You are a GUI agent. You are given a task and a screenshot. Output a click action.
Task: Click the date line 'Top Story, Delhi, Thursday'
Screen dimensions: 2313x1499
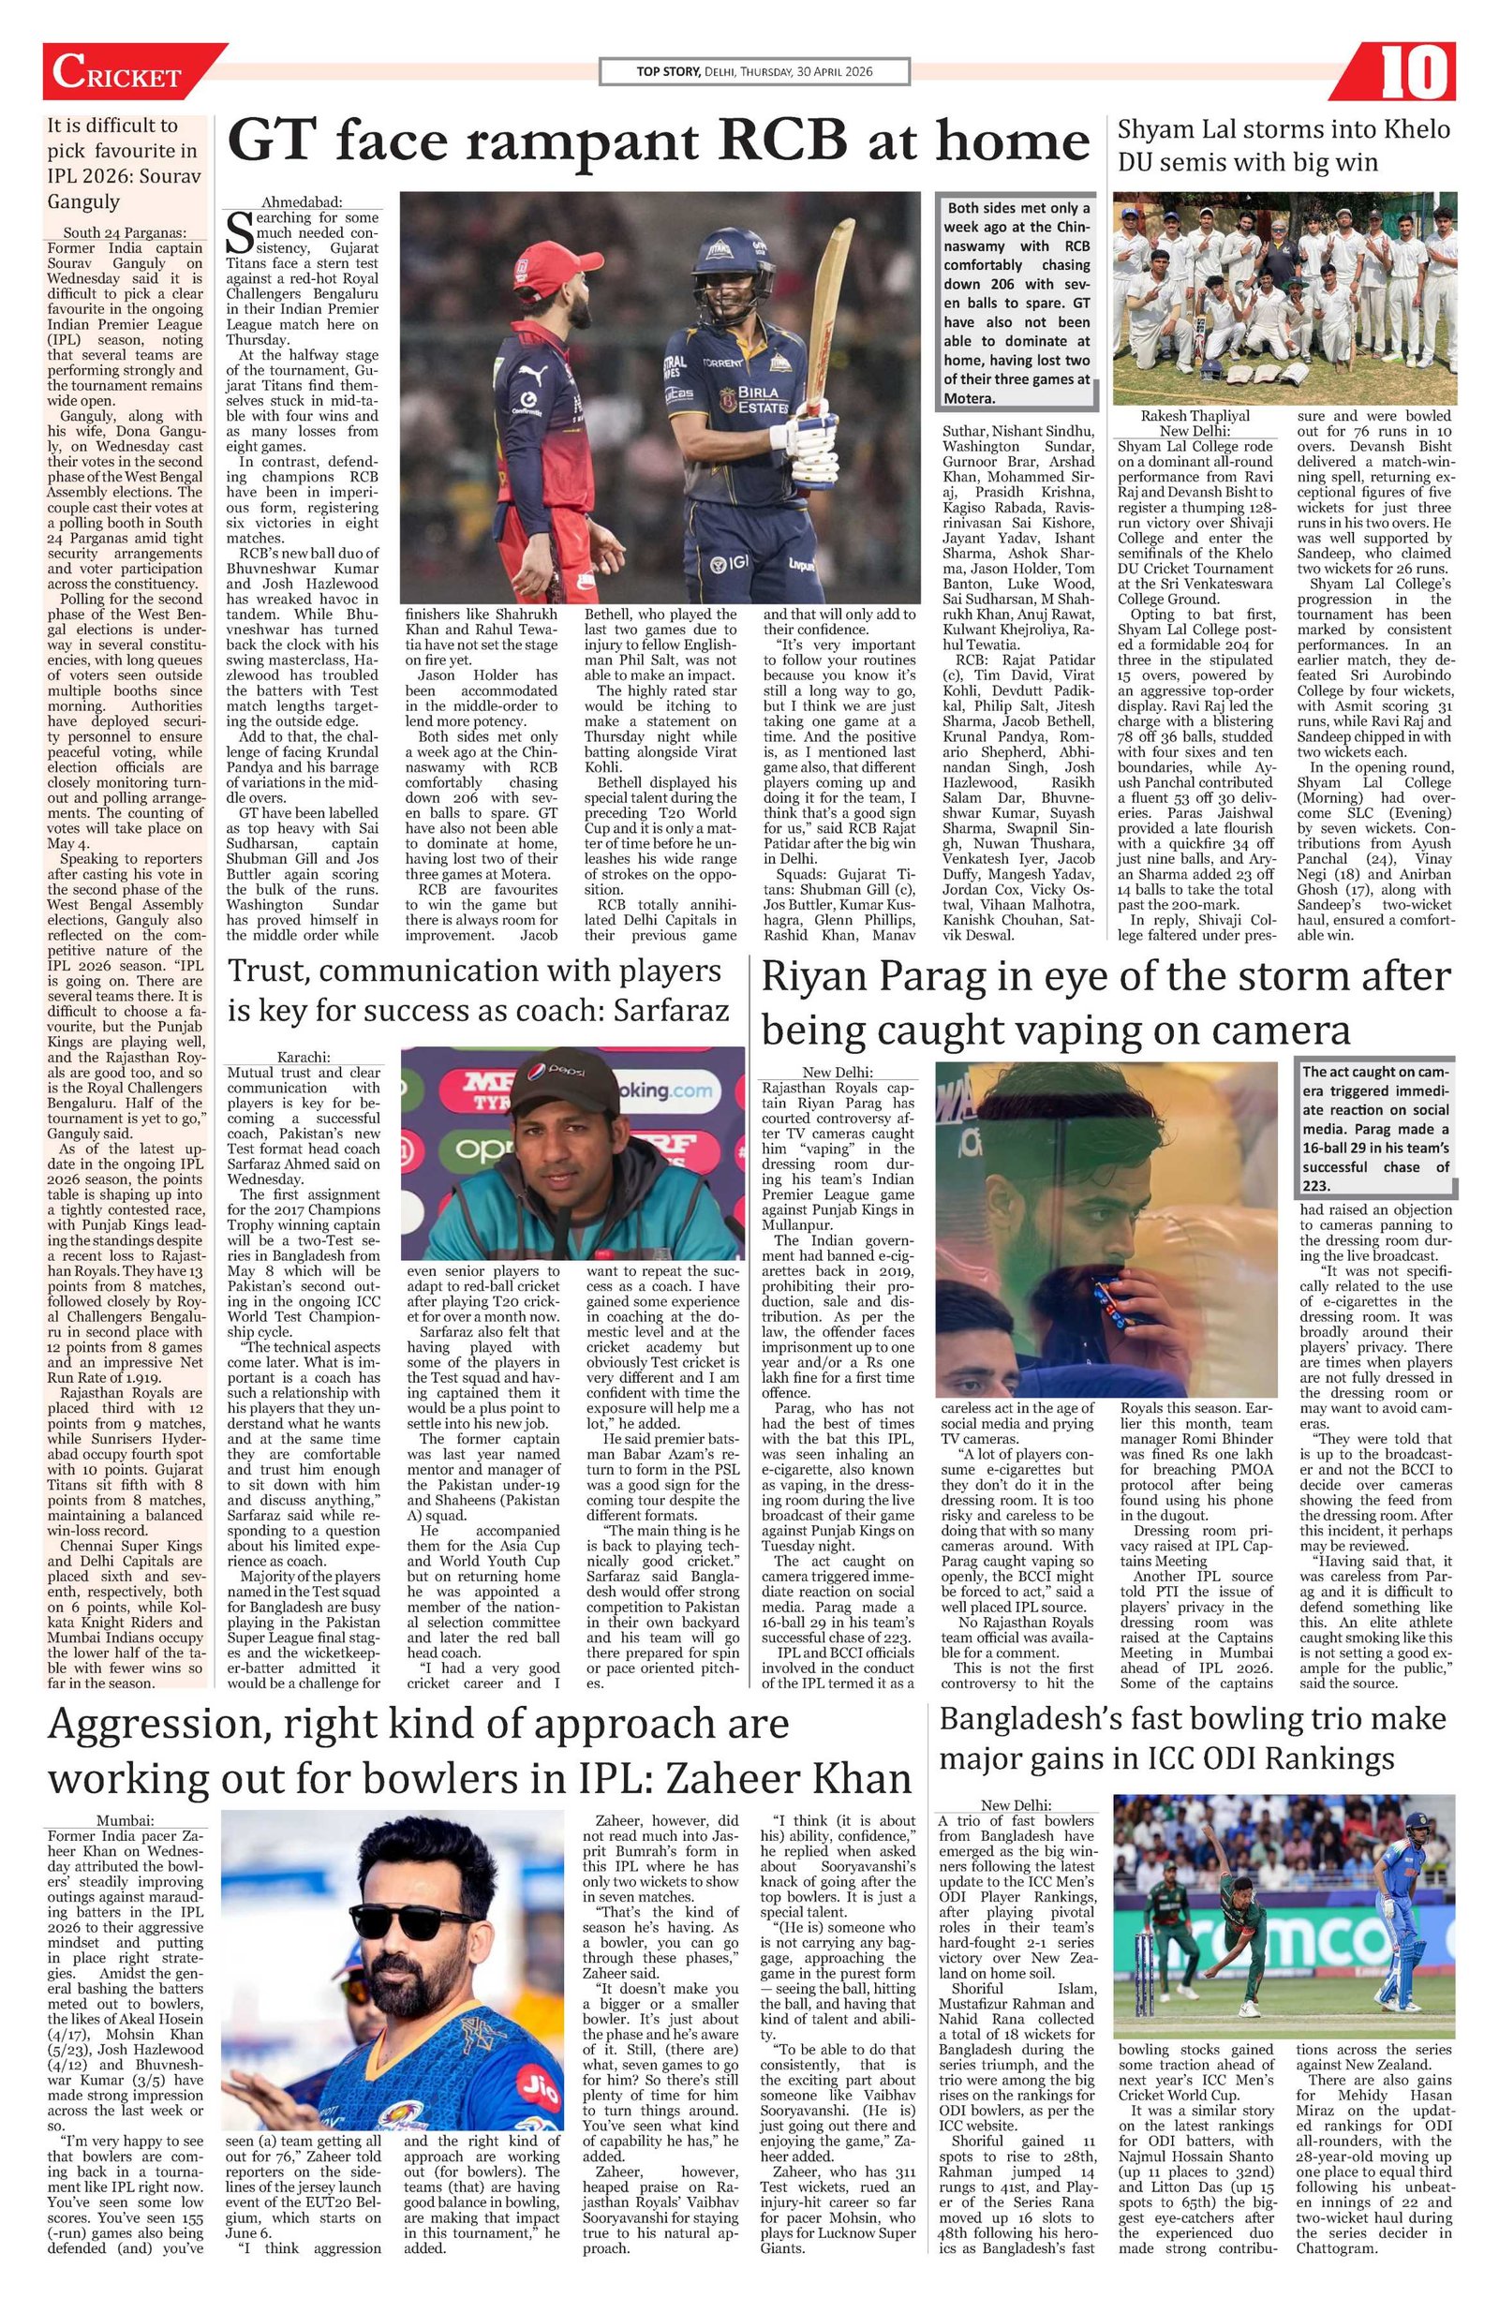tap(753, 71)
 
